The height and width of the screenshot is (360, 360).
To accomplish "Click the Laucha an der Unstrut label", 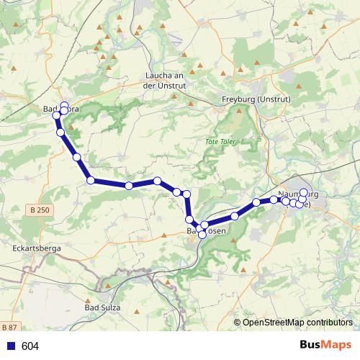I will click(166, 80).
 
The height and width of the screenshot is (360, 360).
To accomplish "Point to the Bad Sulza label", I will click(103, 308).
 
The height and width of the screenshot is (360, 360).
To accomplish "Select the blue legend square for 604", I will click(10, 346).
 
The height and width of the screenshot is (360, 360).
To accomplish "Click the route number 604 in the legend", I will click(30, 346).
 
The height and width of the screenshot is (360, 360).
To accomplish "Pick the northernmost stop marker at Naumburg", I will click(304, 193).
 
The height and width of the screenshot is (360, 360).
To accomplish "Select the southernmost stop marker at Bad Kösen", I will click(202, 235).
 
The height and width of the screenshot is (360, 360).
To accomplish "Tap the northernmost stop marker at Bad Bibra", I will click(64, 105).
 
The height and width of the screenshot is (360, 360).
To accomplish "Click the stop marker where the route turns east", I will click(91, 180).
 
